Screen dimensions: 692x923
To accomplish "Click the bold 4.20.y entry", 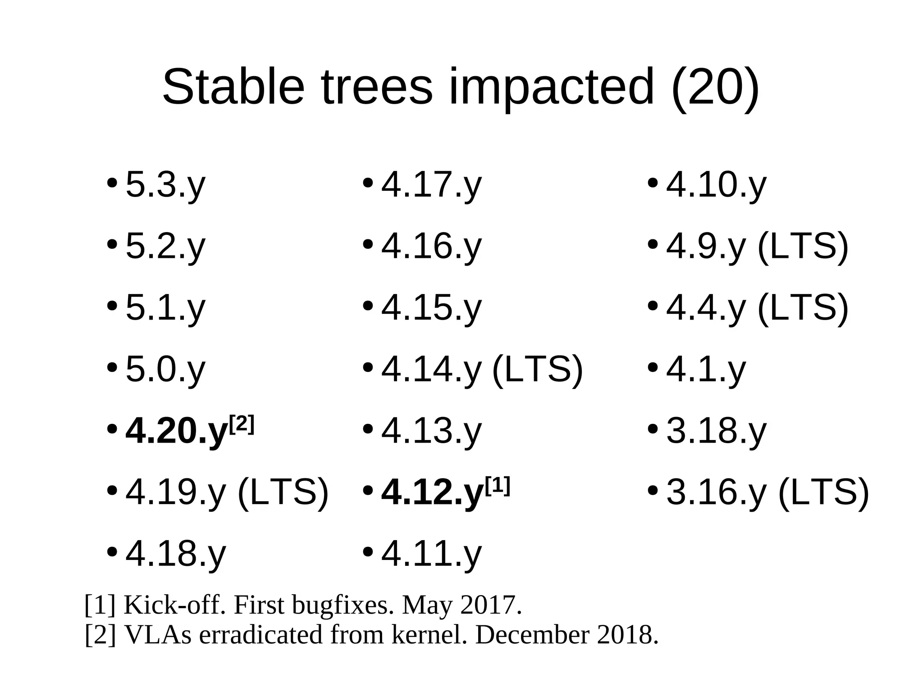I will point(176,431).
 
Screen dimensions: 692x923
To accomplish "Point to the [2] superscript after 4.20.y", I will point(242,425).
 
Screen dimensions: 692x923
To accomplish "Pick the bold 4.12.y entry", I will point(432,492).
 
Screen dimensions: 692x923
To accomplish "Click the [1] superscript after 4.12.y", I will point(498,486).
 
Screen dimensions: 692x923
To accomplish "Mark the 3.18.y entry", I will point(716,431).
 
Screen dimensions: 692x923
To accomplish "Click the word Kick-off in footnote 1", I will point(174,605).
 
